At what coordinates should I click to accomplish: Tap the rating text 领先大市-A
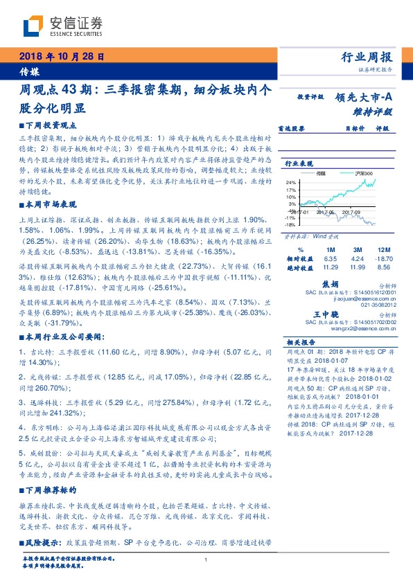coord(363,98)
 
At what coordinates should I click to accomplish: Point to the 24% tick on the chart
coord(291,181)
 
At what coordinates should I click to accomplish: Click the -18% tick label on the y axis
coord(291,224)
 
